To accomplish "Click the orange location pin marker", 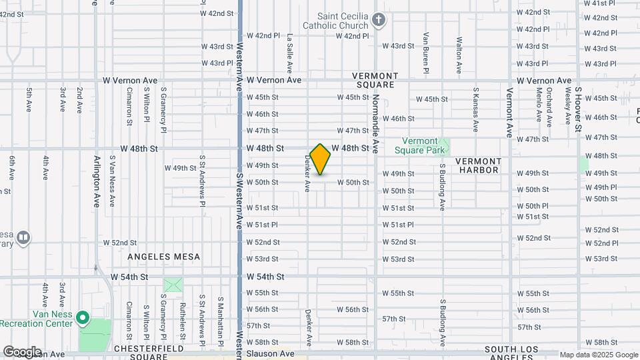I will click(320, 159).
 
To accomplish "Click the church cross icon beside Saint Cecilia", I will click(379, 19).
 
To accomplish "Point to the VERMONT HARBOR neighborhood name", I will click(478, 165).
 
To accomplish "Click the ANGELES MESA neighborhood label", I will click(159, 255).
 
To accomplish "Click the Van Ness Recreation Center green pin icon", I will click(83, 318).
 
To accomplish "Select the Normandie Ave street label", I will click(375, 124).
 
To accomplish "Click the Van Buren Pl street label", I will click(425, 53).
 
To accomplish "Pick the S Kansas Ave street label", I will click(475, 109).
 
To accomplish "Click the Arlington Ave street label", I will click(97, 181).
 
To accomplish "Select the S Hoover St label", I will click(578, 108).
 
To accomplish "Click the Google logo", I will click(22, 352).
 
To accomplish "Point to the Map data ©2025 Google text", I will click(599, 355).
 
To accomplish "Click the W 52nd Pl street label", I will click(601, 243).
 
